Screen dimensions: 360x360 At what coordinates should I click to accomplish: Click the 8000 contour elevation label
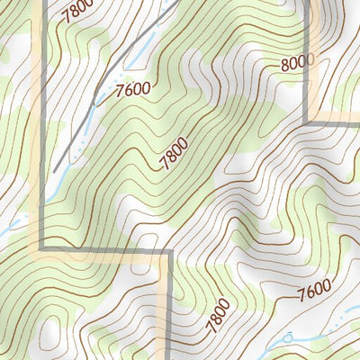click(x=298, y=61)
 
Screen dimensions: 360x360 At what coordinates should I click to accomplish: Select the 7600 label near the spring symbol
click(x=312, y=290)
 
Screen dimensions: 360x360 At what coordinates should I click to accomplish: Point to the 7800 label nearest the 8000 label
click(x=174, y=151)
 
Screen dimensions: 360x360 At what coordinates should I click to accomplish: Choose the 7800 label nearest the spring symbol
click(x=218, y=313)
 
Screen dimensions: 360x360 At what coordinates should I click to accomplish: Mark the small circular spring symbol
click(x=289, y=337)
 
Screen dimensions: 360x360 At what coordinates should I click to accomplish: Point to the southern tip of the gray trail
click(x=55, y=170)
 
